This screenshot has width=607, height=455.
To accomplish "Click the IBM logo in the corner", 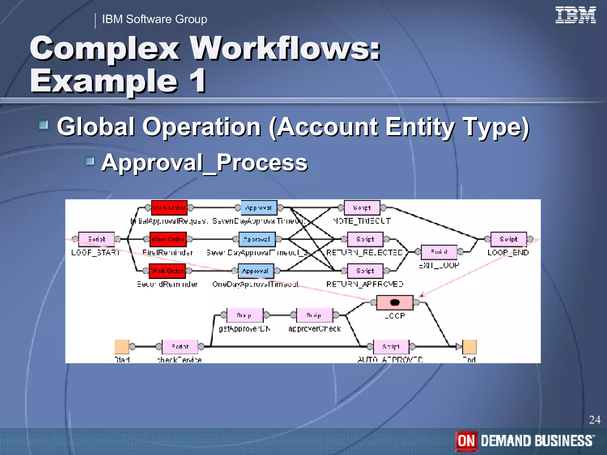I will point(575,15).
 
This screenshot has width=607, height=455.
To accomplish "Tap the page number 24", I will point(595,420).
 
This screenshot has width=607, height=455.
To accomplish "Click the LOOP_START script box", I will point(97,239).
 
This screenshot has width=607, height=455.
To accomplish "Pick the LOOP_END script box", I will point(509,239).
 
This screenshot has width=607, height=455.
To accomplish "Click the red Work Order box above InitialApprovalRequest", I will point(169,208).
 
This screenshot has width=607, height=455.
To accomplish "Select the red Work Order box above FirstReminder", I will point(168,239).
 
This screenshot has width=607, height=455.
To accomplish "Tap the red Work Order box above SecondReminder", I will point(167,271).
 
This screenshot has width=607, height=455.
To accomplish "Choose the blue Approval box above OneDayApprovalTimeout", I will point(256,271).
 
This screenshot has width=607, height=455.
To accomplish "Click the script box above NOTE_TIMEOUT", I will point(362,208).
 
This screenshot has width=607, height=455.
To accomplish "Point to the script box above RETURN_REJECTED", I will point(365,239).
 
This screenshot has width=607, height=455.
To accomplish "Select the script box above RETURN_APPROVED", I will point(365,271).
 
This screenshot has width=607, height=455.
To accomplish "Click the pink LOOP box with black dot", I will point(395,302).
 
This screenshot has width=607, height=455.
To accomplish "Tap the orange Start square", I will point(122,347).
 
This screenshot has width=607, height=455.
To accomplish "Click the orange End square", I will point(469,347).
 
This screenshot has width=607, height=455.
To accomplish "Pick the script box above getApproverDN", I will point(245,315).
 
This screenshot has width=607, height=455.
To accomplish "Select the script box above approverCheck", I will point(314,315).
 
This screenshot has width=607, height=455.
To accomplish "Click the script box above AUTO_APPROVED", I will point(391,347).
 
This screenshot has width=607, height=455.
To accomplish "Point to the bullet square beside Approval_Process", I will point(90,161).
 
